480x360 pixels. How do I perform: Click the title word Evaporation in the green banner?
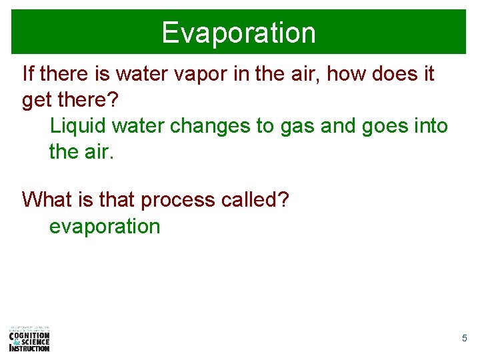[x=239, y=33]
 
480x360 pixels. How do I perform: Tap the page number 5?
[x=464, y=339]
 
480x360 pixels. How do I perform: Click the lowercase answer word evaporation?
[x=105, y=227]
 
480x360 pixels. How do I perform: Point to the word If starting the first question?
[x=29, y=73]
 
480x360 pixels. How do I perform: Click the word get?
[x=36, y=101]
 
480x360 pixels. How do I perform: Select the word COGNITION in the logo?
[x=30, y=335]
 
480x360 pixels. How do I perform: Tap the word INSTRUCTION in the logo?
[x=30, y=348]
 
